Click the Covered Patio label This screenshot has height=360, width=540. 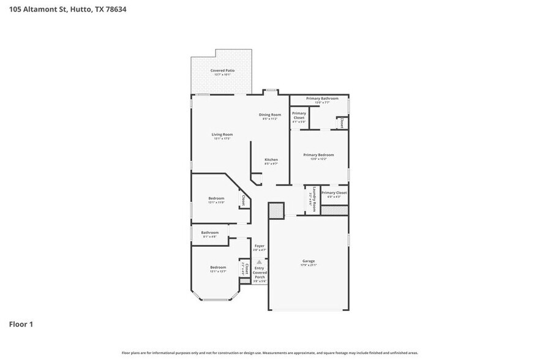tap(222, 70)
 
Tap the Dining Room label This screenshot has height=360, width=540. tap(270, 114)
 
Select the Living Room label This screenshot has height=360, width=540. tap(222, 135)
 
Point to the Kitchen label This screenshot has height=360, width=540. tap(271, 160)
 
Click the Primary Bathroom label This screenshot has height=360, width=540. tap(322, 98)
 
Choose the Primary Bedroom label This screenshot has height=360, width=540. tap(318, 155)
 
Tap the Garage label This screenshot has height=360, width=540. tap(309, 261)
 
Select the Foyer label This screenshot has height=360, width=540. tap(260, 246)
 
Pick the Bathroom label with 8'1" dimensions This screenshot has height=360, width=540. tap(210, 233)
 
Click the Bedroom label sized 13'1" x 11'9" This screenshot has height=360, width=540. tap(216, 198)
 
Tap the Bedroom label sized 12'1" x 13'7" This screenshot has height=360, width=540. tap(219, 268)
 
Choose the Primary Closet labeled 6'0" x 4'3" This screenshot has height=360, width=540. tap(334, 193)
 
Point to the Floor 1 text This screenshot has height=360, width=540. tap(20, 324)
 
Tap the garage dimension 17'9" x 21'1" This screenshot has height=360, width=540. tap(309, 265)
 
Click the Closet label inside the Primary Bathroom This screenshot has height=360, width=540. tap(341, 122)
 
